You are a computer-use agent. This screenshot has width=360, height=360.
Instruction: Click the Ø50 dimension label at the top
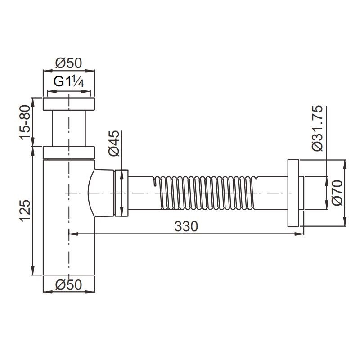[69, 63]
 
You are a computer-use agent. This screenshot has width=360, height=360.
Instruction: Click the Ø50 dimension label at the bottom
[69, 285]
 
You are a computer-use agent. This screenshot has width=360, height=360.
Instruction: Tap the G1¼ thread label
[69, 82]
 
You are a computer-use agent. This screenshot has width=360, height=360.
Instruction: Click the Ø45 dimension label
[114, 143]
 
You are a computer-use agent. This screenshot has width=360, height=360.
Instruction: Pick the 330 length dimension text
[186, 226]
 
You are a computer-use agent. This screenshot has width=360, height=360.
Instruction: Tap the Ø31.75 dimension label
[318, 128]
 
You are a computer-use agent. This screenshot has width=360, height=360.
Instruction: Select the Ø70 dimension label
[337, 193]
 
